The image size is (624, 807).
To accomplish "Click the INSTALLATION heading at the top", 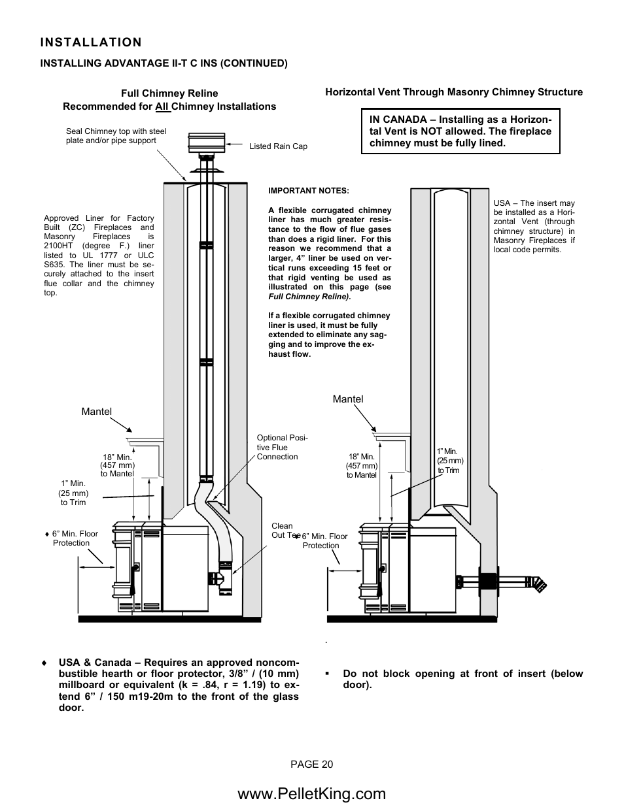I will click(x=90, y=42).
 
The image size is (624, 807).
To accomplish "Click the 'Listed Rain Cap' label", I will click(x=278, y=146).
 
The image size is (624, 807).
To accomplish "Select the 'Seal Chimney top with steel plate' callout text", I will click(x=116, y=136).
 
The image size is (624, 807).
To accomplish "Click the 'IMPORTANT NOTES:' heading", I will click(x=309, y=191).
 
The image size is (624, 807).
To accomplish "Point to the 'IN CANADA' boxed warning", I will click(x=460, y=131).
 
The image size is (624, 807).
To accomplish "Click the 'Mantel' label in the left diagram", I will click(x=96, y=412).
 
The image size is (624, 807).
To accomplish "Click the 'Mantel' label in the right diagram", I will click(x=348, y=399).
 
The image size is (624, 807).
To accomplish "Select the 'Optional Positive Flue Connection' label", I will click(x=282, y=447).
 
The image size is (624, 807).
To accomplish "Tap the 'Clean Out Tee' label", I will click(x=284, y=531).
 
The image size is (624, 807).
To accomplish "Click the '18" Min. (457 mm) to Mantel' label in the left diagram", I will click(x=118, y=465).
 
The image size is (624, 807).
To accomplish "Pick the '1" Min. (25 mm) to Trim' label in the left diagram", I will click(x=73, y=493).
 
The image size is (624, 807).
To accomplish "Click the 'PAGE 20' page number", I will click(x=312, y=765).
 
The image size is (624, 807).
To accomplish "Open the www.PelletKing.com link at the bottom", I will click(x=312, y=793).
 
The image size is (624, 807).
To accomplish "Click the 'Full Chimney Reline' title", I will click(x=169, y=93).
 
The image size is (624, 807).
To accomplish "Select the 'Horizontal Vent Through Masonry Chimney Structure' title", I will click(x=454, y=92).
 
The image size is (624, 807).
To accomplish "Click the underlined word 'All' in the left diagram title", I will click(x=162, y=107).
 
